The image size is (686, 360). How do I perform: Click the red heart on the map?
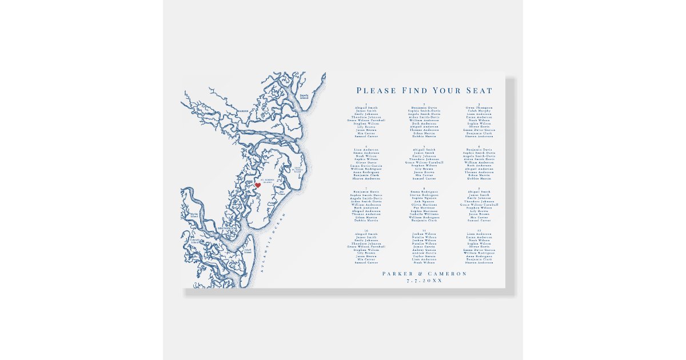point(257,185)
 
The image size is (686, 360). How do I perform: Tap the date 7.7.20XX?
point(424,281)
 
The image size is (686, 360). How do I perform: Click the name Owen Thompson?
point(478,107)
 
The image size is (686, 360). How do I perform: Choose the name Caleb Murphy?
point(478,111)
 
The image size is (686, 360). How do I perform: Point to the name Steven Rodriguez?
point(424,194)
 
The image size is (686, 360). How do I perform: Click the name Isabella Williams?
point(424,214)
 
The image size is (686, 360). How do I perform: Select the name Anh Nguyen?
point(424,201)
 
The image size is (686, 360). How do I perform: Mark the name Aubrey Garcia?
point(424,250)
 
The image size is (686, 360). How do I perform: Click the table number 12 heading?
point(478,230)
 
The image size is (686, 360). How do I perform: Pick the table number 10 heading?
point(366,230)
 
